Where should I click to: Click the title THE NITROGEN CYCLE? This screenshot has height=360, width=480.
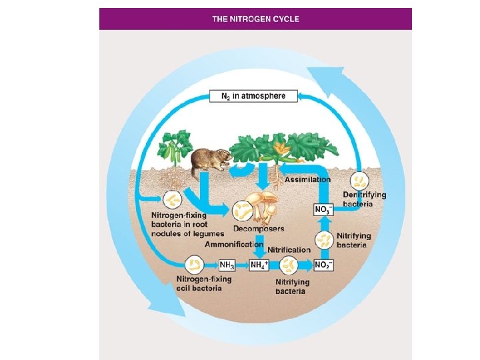click(x=255, y=19)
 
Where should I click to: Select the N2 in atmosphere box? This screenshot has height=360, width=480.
click(x=253, y=96)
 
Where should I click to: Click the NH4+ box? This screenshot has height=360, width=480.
click(x=259, y=265)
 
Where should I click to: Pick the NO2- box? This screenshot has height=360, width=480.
click(x=323, y=265)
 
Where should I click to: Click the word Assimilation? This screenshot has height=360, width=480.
click(x=307, y=179)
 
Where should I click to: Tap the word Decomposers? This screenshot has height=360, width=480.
click(x=259, y=229)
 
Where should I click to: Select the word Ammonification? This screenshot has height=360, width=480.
click(x=233, y=245)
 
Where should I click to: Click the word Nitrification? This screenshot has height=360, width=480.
click(x=289, y=250)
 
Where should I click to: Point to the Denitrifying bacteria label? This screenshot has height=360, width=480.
click(x=364, y=199)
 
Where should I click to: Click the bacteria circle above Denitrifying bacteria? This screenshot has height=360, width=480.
click(x=360, y=180)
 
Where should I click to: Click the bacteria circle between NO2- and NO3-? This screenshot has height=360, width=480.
click(x=323, y=238)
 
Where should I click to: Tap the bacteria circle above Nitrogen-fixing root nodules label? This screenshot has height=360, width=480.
click(x=173, y=200)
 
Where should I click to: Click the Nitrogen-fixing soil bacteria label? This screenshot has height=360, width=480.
click(x=204, y=283)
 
